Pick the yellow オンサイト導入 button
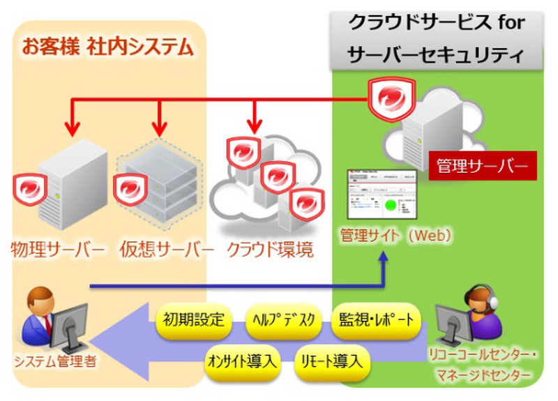(242, 362)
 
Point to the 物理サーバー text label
(58, 248)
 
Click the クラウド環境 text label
(270, 248)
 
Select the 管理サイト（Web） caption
(395, 235)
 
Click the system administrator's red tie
(49, 323)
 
